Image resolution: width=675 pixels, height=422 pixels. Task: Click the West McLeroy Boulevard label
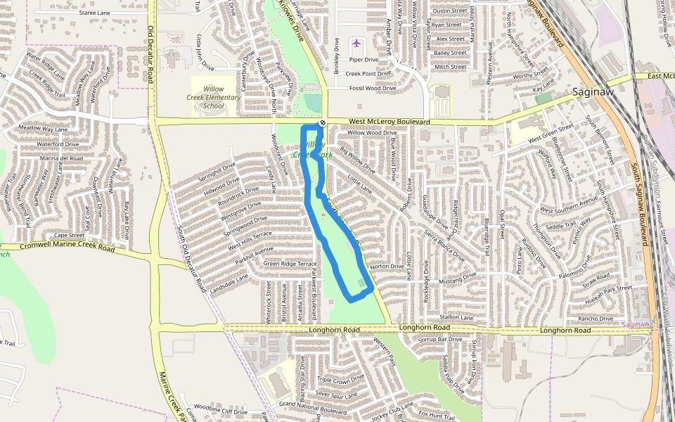(x=389, y=122)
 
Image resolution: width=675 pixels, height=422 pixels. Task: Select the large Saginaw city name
(x=593, y=92)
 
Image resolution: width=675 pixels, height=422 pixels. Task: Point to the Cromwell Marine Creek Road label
(x=67, y=248)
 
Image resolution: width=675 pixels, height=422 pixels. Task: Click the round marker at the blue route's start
(x=322, y=123)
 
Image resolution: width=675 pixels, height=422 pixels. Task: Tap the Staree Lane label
(x=96, y=13)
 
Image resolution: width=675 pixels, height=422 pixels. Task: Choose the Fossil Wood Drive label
(x=372, y=89)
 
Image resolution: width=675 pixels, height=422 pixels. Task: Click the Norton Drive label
(x=387, y=267)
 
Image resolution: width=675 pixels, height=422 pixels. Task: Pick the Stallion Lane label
(x=456, y=318)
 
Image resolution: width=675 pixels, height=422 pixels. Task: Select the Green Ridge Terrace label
(x=290, y=263)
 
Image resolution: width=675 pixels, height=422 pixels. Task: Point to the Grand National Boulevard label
(x=313, y=406)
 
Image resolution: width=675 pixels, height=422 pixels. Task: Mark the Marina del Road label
(x=62, y=159)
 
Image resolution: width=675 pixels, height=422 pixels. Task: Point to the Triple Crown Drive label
(x=340, y=380)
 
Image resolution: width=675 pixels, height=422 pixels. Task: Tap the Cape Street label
(x=70, y=235)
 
